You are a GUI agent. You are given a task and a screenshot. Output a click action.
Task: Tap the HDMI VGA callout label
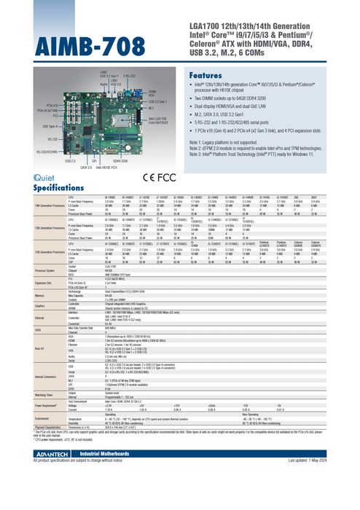click(151, 93)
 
